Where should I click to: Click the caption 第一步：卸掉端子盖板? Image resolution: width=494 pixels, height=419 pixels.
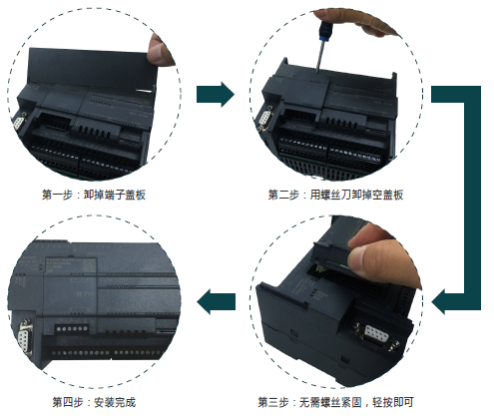94,195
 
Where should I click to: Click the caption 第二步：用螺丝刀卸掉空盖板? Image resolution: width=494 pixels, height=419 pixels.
335,195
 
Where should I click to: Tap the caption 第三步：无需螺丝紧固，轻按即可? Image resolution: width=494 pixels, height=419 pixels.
335,402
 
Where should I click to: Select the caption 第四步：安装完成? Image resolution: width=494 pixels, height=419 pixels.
94,402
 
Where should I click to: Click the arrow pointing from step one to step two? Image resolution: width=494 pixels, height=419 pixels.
216,94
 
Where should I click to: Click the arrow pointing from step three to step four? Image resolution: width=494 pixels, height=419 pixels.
216,302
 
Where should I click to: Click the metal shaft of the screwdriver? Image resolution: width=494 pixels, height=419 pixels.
320,55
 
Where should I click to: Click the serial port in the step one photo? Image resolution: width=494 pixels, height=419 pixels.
19,122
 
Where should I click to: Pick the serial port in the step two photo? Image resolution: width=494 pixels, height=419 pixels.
265,118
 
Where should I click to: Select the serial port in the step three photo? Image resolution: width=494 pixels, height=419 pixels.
375,335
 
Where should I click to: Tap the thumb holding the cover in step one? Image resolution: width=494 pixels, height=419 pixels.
160,49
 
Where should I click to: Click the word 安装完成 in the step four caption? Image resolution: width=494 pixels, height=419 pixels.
115,402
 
